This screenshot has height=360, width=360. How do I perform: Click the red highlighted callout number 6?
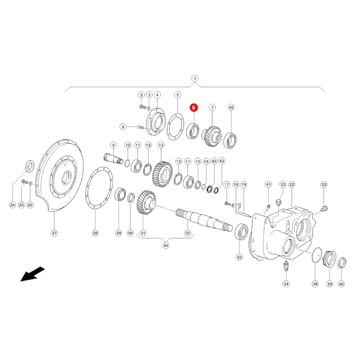pyautogui.click(x=194, y=108)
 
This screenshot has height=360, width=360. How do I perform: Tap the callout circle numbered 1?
pyautogui.click(x=195, y=79)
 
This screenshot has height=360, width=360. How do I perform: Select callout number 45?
pyautogui.click(x=231, y=108)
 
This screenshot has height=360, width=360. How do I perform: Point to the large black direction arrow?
pyautogui.click(x=32, y=274)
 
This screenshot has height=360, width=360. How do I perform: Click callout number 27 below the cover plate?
pyautogui.click(x=54, y=233)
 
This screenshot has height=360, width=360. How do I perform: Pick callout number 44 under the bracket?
pyautogui.click(x=166, y=246)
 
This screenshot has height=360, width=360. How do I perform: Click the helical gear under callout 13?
pyautogui.click(x=162, y=174)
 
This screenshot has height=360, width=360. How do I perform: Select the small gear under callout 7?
pyautogui.click(x=212, y=137)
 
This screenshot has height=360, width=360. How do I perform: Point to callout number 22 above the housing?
pyautogui.click(x=292, y=184)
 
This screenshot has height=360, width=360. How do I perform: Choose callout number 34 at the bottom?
pyautogui.click(x=286, y=284)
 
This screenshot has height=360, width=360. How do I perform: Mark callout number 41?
pyautogui.click(x=268, y=184)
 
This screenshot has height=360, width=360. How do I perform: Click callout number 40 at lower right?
pyautogui.click(x=342, y=284)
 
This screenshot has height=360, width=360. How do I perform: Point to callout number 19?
pyautogui.click(x=244, y=184)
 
